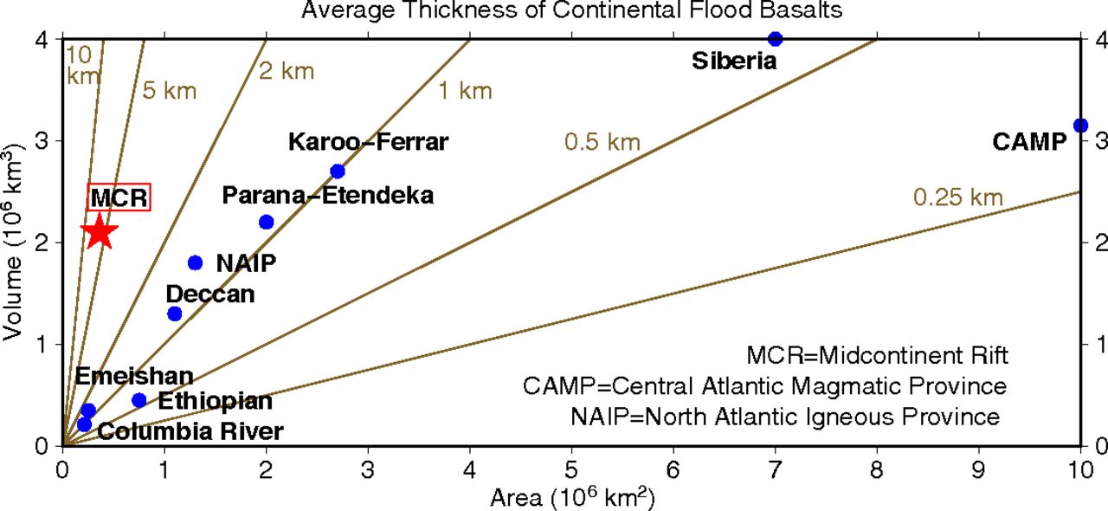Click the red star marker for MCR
pyautogui.click(x=99, y=231)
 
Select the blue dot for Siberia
pyautogui.click(x=775, y=39)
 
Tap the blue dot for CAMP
pyautogui.click(x=1079, y=126)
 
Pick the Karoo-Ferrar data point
pyautogui.click(x=338, y=171)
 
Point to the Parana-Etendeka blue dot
pyautogui.click(x=266, y=223)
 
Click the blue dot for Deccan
pyautogui.click(x=174, y=314)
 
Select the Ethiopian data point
pyautogui.click(x=138, y=400)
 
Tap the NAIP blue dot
pyautogui.click(x=195, y=262)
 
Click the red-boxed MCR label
pyautogui.click(x=119, y=197)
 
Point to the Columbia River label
pyautogui.click(x=190, y=430)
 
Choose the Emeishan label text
pyautogui.click(x=133, y=377)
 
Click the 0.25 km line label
pyautogui.click(x=957, y=198)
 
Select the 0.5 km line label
pyautogui.click(x=602, y=142)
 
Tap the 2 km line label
pyautogui.click(x=286, y=71)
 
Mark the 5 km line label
pyautogui.click(x=170, y=91)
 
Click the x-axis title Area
pyautogui.click(x=571, y=498)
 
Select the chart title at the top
pyautogui.click(x=571, y=11)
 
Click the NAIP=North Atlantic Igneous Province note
pyautogui.click(x=785, y=417)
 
